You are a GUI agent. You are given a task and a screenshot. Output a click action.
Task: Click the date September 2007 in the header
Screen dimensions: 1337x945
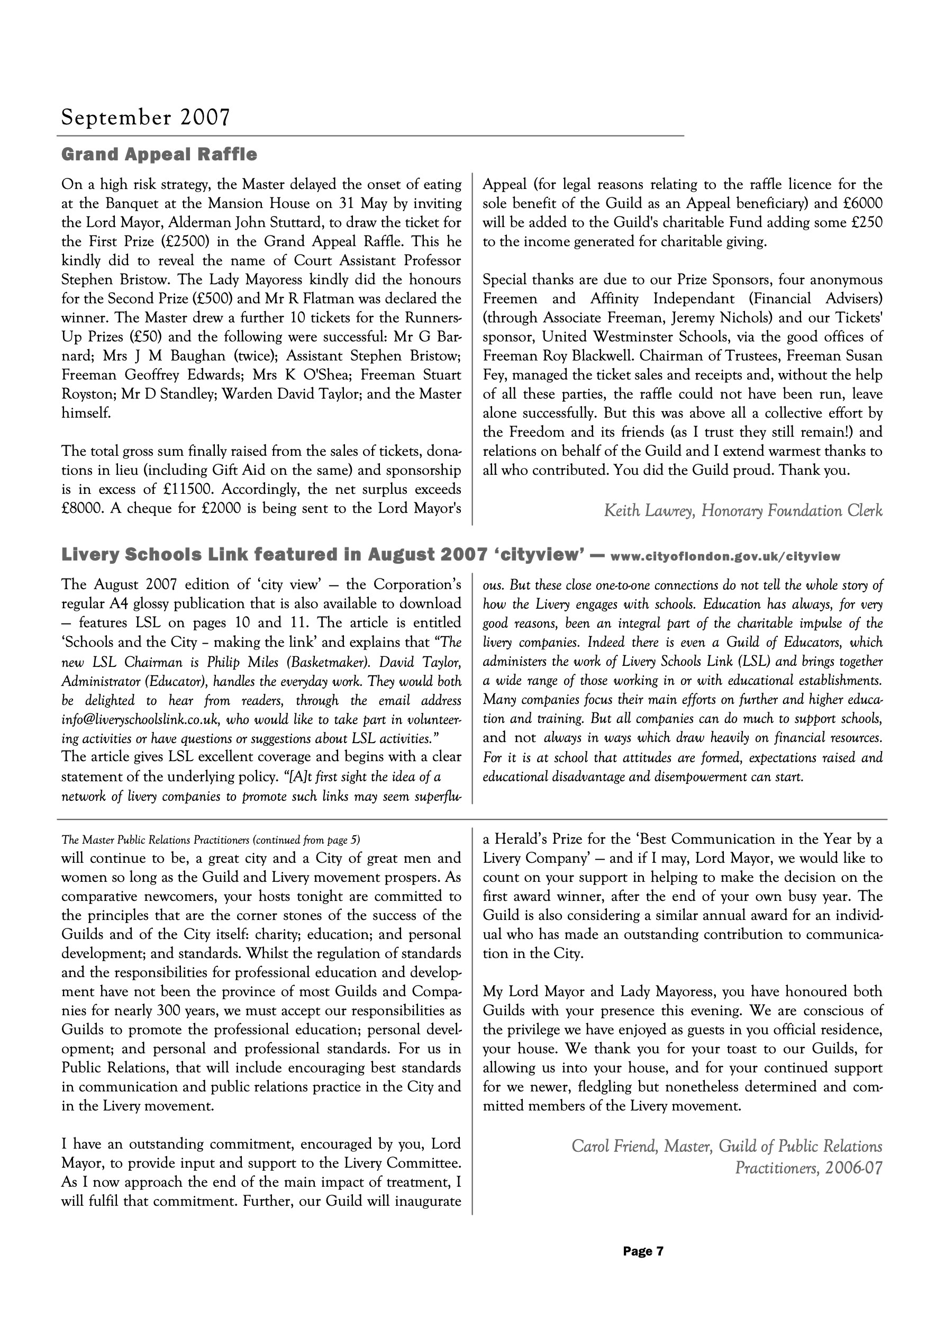(146, 118)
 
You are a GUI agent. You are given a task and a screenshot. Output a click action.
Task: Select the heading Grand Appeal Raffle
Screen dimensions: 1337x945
(159, 155)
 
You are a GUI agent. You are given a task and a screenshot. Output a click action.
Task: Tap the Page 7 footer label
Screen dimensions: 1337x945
(643, 1251)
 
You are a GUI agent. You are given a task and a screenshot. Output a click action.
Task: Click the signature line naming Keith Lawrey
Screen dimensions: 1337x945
(743, 511)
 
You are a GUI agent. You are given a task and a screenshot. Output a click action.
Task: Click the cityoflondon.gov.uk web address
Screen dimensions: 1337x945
(725, 556)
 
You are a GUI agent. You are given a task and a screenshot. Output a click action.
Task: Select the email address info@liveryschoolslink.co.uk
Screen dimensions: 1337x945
(140, 720)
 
